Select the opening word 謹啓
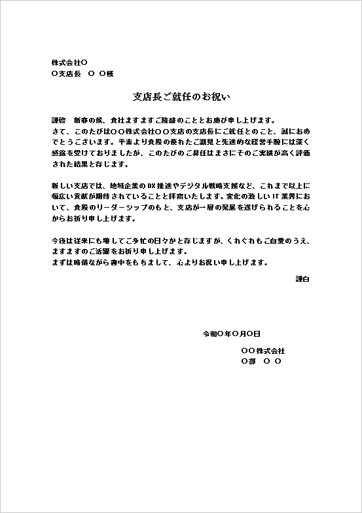pyautogui.click(x=59, y=121)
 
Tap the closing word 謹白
pyautogui.click(x=303, y=279)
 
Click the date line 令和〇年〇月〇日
pyautogui.click(x=232, y=333)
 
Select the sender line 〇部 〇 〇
pyautogui.click(x=261, y=361)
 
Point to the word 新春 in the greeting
pyautogui.click(x=81, y=121)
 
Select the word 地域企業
pyautogui.click(x=126, y=185)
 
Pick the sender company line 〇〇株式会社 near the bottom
pyautogui.click(x=263, y=351)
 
